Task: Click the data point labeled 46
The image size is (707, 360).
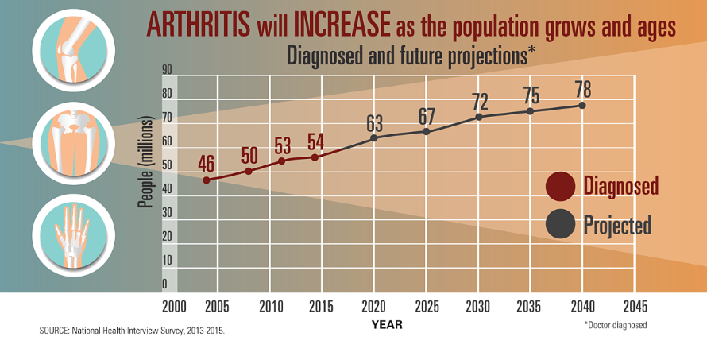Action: [206, 180]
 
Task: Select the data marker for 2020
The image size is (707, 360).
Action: [374, 138]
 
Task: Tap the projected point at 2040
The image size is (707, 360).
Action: [582, 105]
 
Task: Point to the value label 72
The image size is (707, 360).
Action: [480, 102]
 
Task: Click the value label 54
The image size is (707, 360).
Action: [315, 142]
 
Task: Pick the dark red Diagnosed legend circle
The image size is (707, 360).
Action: [560, 186]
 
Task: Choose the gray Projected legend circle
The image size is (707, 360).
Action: [560, 224]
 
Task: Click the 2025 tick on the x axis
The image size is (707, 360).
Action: [427, 307]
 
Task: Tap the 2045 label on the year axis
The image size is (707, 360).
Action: [635, 307]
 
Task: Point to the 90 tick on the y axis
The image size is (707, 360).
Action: [167, 69]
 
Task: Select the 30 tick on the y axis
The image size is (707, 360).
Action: [167, 212]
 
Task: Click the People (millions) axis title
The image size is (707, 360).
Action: [145, 162]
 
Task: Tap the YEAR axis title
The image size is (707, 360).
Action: [388, 325]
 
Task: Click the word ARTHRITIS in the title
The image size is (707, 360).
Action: [199, 25]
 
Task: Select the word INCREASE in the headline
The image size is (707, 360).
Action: [342, 25]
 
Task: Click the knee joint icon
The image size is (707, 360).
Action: [74, 50]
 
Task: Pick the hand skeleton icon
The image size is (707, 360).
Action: [74, 235]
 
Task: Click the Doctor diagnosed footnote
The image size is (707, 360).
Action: [616, 325]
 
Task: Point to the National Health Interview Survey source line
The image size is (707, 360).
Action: [132, 331]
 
